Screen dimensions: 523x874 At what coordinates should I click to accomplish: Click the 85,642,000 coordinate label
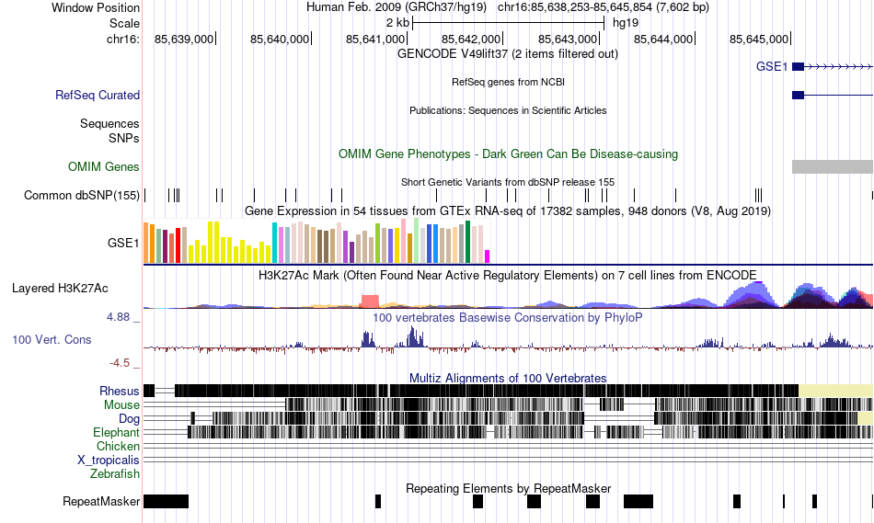point(471,39)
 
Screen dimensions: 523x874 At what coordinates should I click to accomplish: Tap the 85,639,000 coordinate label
point(184,39)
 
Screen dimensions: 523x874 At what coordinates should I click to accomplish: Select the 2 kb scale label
point(397,22)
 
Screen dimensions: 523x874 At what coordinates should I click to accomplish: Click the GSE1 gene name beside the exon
point(772,66)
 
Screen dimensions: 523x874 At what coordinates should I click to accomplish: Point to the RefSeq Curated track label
point(98,95)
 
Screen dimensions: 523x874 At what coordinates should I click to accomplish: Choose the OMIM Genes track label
point(104,166)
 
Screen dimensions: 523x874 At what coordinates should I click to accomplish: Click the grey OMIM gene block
point(832,166)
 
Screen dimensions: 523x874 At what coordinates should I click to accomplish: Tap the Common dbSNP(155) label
point(82,195)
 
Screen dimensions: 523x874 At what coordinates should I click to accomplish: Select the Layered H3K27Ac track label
point(60,288)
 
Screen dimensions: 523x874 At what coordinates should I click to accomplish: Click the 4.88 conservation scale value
point(121,317)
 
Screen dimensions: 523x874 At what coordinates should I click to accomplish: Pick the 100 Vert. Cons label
point(52,339)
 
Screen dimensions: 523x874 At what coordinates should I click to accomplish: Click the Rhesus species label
point(120,391)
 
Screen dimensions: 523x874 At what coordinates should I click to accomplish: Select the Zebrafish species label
point(115,474)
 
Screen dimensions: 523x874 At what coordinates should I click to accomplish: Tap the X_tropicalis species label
point(109,460)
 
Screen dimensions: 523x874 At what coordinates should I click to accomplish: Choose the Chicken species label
point(118,446)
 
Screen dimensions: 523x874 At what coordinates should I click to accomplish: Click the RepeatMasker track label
point(101,502)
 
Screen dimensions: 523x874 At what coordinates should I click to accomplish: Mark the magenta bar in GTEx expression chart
point(488,256)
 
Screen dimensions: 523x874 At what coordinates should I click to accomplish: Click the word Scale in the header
point(124,22)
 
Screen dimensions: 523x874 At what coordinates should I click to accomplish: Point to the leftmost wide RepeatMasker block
point(166,501)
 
